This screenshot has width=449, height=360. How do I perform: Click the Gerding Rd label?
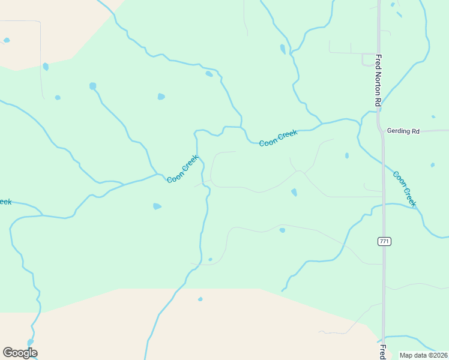[403, 131]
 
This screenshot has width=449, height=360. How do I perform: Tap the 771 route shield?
[385, 241]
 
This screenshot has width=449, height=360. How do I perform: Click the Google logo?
[20, 353]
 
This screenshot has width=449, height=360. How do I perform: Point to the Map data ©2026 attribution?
[423, 355]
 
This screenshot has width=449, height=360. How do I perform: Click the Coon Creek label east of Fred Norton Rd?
[404, 189]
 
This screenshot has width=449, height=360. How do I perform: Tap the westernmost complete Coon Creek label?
[182, 169]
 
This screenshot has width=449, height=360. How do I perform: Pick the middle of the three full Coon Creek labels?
[278, 137]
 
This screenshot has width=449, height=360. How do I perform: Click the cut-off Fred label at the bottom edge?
[382, 352]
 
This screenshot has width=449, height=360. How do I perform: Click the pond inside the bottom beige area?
[200, 299]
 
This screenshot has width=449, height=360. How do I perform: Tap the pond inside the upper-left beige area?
[7, 40]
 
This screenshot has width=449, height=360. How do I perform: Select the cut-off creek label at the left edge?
[5, 202]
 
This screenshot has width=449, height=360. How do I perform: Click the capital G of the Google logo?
[8, 353]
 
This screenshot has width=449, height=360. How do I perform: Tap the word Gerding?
[399, 131]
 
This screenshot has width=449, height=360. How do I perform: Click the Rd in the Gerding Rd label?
[415, 131]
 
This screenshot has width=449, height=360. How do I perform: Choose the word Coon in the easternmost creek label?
[399, 179]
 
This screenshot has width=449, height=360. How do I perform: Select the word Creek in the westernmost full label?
[189, 163]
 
